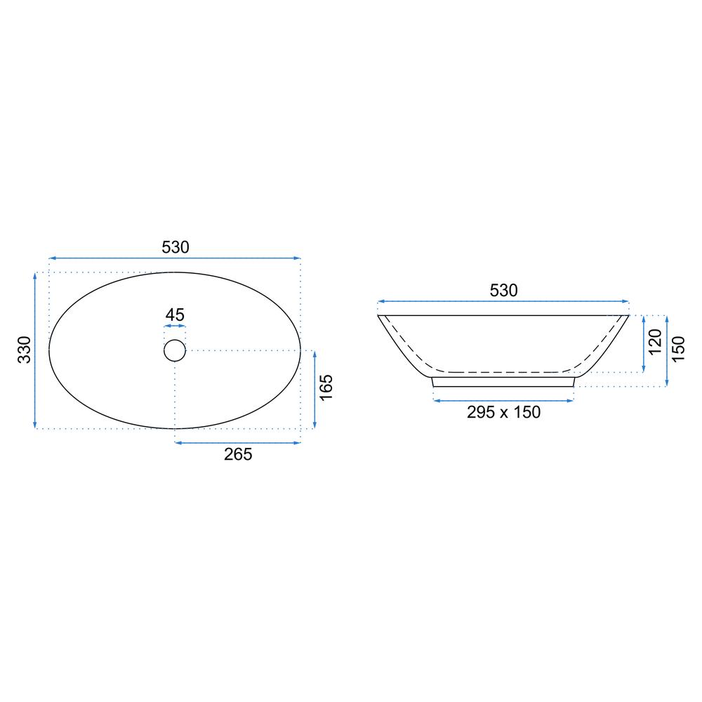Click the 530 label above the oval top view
175,247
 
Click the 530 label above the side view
503,291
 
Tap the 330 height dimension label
25,350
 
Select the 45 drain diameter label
175,315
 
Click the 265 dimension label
238,454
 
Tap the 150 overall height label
679,349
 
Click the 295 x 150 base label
503,413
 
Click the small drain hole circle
175,350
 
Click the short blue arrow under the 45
175,328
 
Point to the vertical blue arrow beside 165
314,389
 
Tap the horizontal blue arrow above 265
237,442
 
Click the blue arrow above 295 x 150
503,400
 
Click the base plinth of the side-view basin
503,381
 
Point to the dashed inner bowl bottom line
503,371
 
